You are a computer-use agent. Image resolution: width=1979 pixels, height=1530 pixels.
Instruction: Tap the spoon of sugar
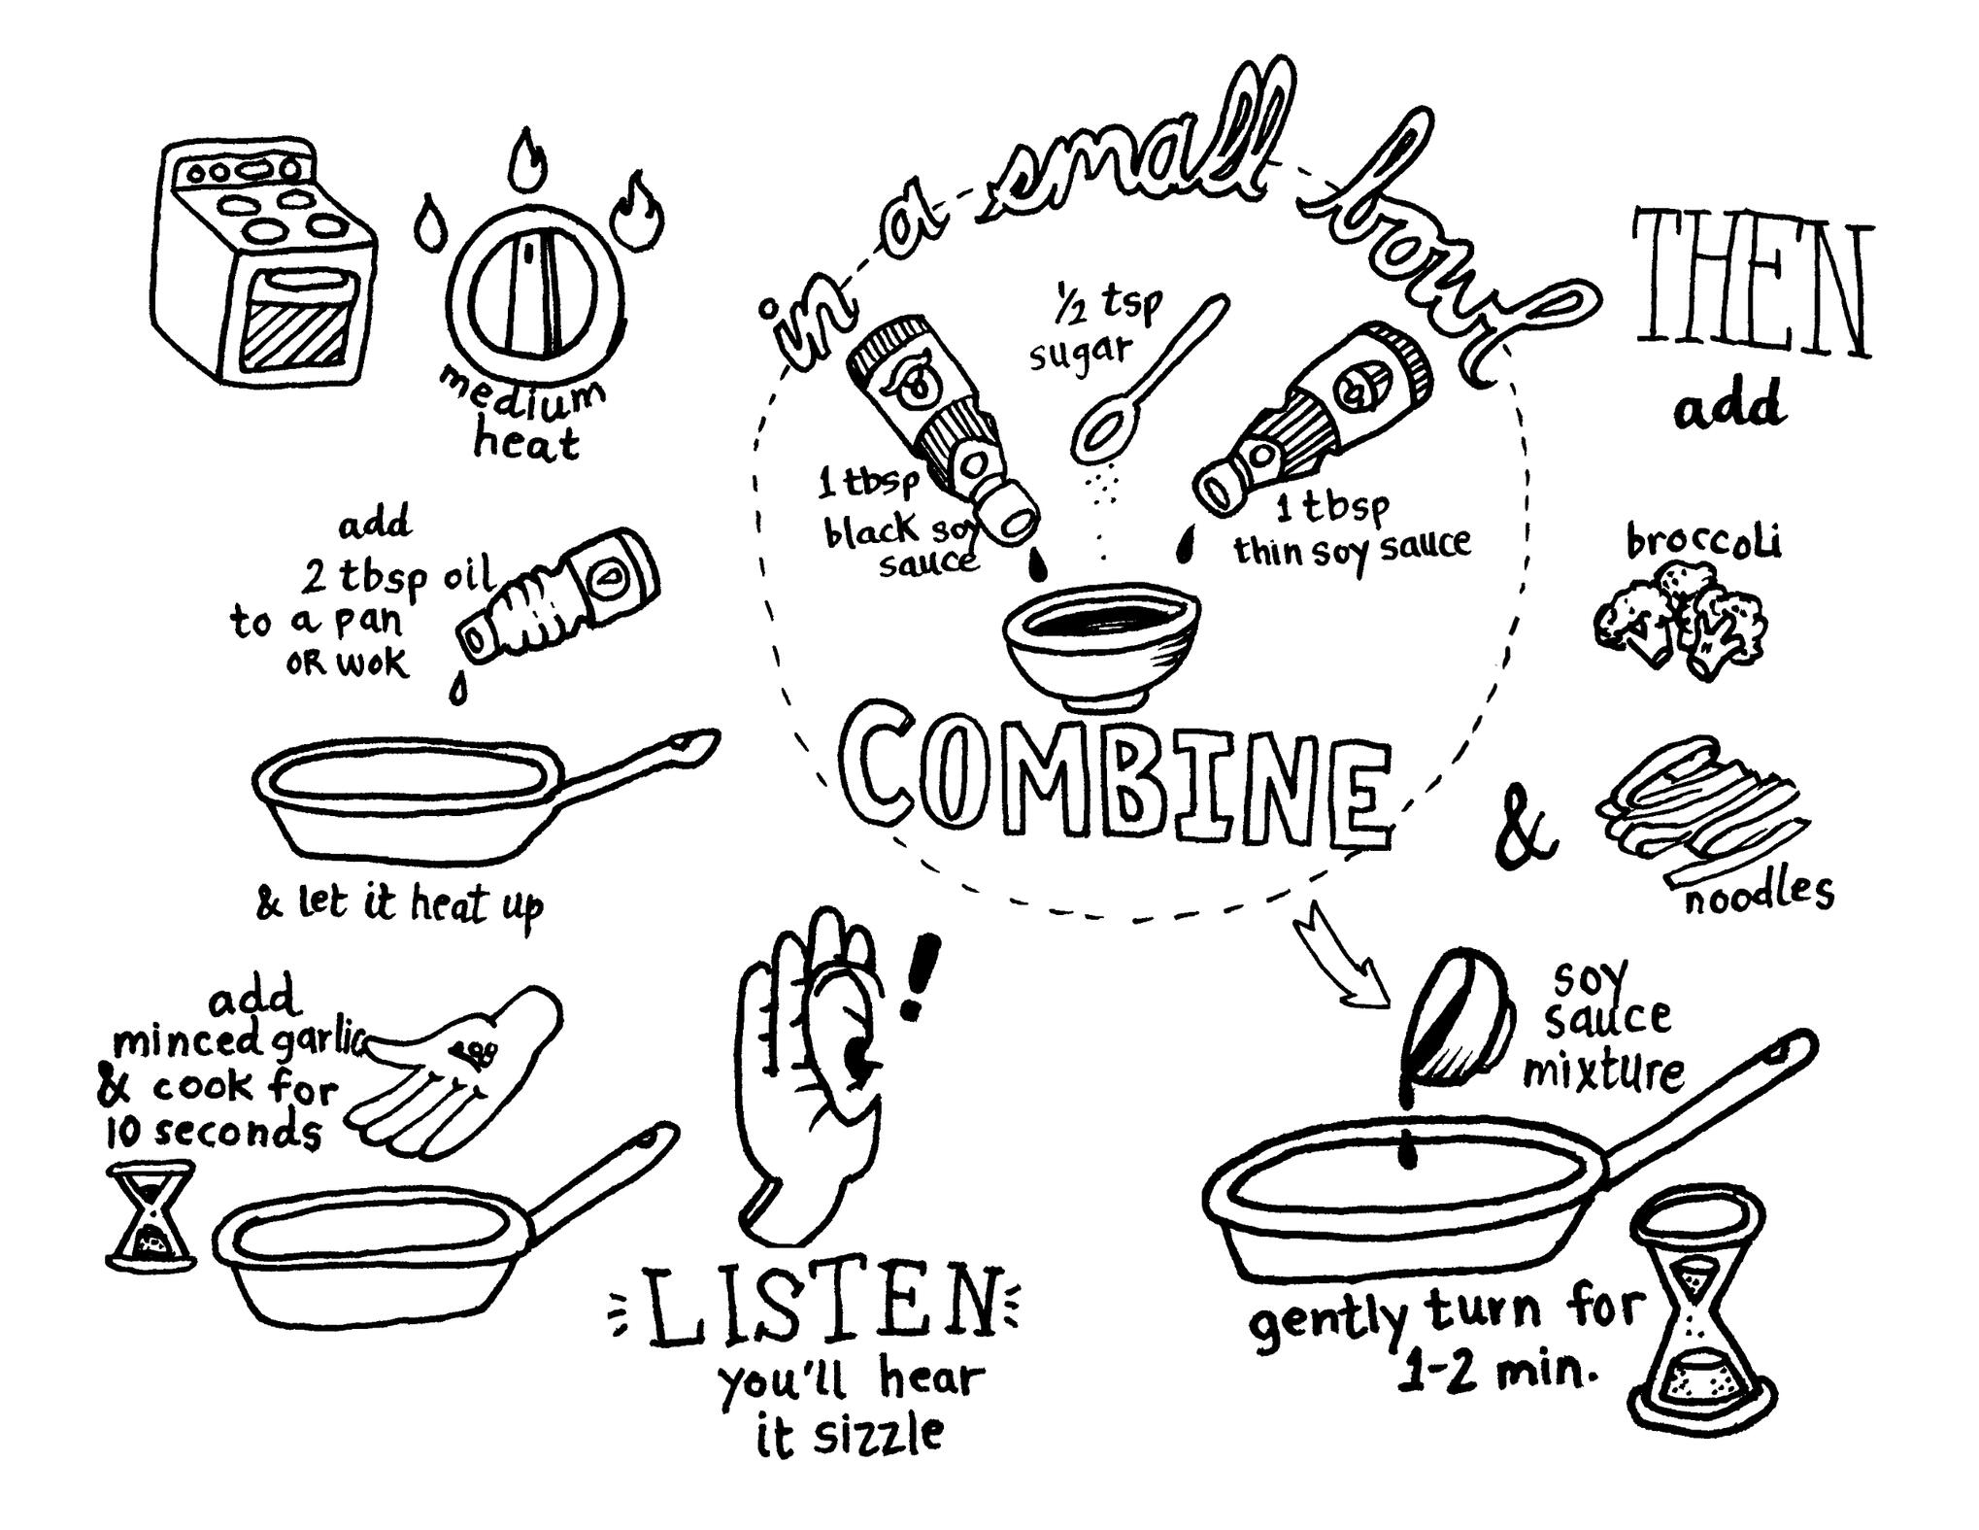point(1152,379)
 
